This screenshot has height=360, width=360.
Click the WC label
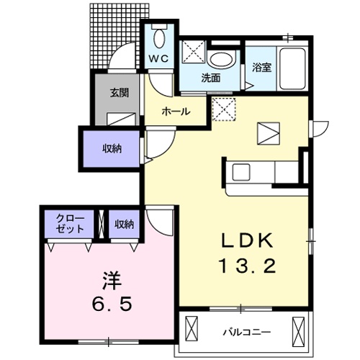click(158, 58)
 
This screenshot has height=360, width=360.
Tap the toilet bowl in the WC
click(158, 38)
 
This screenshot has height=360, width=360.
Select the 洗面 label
click(211, 78)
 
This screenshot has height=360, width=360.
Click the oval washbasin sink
click(222, 60)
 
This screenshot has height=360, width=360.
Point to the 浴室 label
click(261, 68)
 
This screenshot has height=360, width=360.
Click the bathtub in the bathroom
click(292, 68)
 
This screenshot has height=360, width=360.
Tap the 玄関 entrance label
click(120, 93)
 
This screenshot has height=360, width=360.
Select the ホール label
click(176, 112)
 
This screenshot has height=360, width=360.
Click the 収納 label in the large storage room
click(112, 149)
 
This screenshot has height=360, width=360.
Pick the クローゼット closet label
click(70, 224)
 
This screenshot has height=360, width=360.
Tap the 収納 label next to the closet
click(124, 224)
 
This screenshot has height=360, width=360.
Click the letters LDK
click(247, 240)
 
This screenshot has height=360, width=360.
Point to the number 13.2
click(247, 266)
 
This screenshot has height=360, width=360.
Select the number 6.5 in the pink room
click(112, 303)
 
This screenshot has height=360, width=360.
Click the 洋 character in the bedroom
click(112, 280)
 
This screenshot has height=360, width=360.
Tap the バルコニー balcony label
click(247, 332)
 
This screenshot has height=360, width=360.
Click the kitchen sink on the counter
click(241, 172)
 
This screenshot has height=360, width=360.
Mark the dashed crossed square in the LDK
click(224, 109)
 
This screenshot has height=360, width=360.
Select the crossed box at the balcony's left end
click(192, 328)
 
